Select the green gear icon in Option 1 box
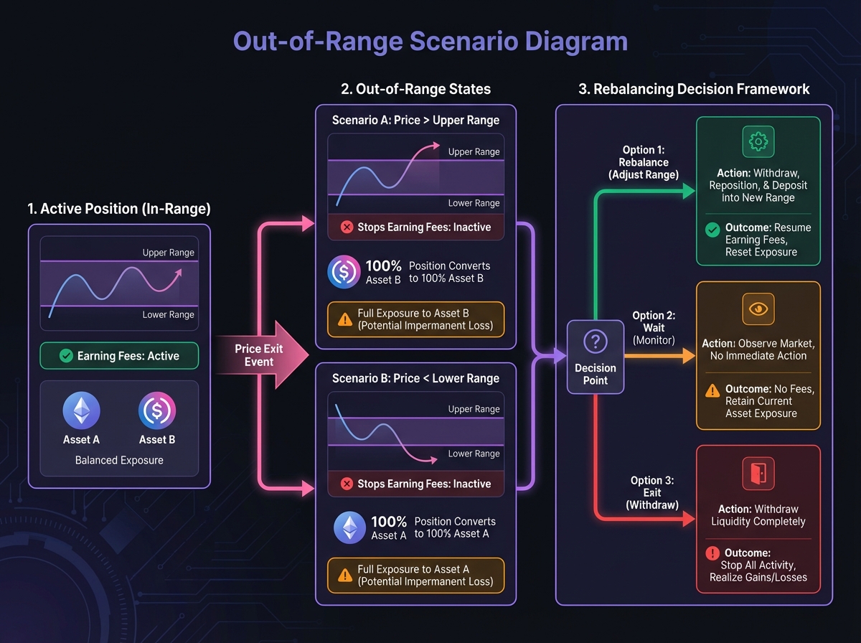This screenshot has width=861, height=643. coord(758,142)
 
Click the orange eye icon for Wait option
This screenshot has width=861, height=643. coord(758,308)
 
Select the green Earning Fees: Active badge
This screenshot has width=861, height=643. coord(119,356)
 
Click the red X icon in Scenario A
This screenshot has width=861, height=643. coord(347,227)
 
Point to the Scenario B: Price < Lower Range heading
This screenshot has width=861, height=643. coord(415,378)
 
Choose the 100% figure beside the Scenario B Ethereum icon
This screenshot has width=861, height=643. coord(389,522)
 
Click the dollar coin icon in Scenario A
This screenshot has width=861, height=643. coord(344,271)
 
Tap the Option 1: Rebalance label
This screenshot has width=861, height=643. coord(644,162)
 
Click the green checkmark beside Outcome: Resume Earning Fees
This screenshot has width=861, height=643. coord(712,230)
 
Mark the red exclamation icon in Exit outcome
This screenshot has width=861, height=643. coord(712,553)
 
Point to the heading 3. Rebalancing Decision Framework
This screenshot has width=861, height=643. coord(694,89)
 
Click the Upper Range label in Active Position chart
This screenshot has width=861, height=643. coord(168,253)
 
